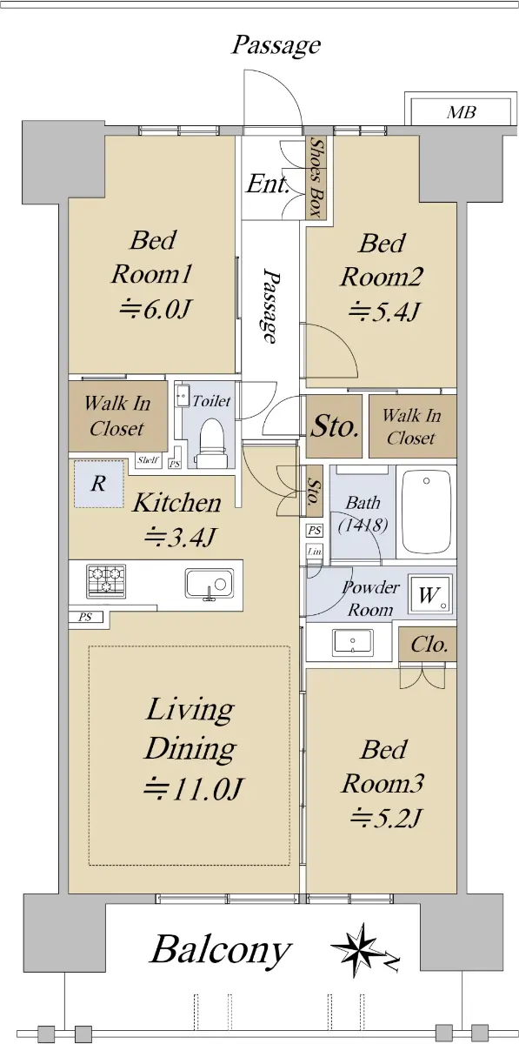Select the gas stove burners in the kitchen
(106, 581)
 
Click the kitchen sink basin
(210, 583)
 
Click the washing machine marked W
(429, 595)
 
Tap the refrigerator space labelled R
(99, 484)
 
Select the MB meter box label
(462, 112)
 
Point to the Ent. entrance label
(268, 184)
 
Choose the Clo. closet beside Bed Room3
(428, 644)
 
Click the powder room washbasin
(353, 643)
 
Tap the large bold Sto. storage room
(334, 426)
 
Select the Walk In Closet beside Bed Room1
(118, 416)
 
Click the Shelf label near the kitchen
(148, 460)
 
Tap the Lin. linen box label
(315, 552)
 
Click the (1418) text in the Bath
(363, 525)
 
